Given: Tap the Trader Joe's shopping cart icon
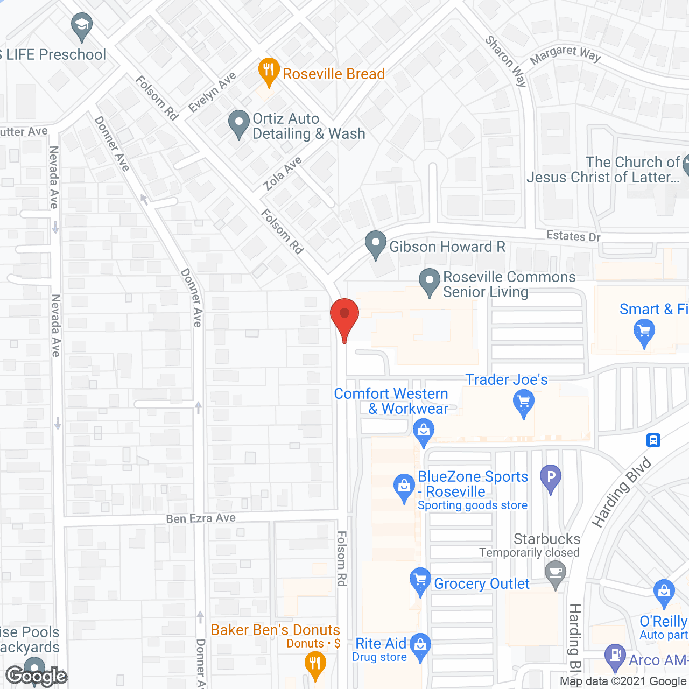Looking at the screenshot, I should (x=523, y=403).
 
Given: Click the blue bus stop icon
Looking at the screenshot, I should (x=653, y=440).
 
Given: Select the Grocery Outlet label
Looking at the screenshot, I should (x=481, y=583).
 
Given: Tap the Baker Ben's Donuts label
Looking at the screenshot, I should (x=275, y=630).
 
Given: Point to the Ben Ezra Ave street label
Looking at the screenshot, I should (x=201, y=518).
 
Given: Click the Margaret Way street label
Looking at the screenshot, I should (x=565, y=54).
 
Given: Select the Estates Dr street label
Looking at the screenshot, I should (x=573, y=236).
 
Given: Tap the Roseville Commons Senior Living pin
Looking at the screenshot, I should (x=429, y=282).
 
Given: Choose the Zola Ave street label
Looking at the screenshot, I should (x=282, y=174).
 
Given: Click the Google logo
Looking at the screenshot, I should (x=37, y=676).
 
